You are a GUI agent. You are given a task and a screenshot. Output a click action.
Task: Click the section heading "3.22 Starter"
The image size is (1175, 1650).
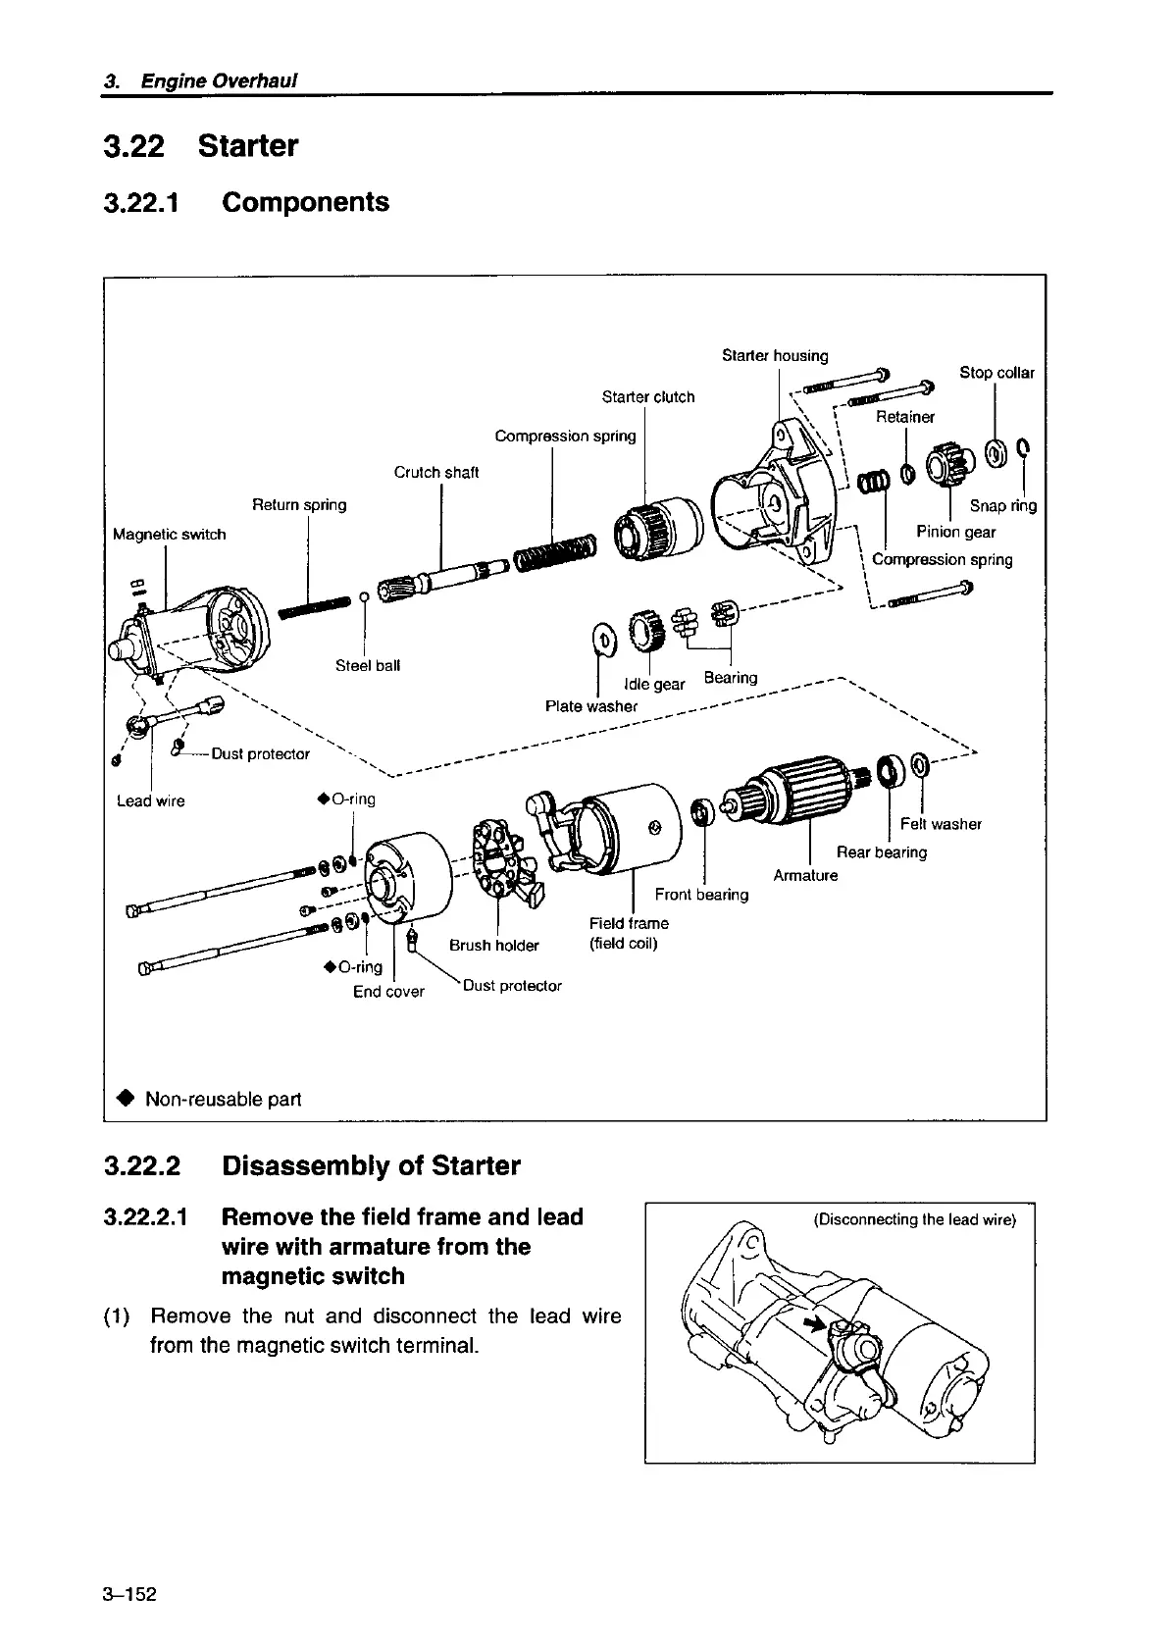coord(200,146)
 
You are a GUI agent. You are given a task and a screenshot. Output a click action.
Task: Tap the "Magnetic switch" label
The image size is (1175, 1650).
coord(169,535)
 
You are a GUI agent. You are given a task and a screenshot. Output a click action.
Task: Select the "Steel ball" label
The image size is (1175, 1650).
coord(368,666)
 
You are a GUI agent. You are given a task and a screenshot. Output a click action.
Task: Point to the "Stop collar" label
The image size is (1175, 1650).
coord(996,373)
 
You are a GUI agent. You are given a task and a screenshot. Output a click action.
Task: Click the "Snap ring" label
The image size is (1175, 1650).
coord(1002,506)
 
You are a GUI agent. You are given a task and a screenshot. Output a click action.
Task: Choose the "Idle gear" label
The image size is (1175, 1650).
coord(654,684)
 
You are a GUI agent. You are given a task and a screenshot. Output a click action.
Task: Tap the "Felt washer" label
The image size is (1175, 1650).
coord(941,824)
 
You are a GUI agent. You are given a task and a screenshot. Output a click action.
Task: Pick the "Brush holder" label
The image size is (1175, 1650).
coord(493,946)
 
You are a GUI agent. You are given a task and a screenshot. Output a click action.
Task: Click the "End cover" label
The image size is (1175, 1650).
coord(388,992)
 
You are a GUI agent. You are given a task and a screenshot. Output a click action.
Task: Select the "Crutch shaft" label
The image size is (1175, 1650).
coord(436,473)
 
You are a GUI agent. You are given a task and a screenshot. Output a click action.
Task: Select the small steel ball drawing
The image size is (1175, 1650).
coord(364,595)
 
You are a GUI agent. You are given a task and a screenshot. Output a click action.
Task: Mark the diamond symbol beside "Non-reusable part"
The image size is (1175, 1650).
coord(126,1098)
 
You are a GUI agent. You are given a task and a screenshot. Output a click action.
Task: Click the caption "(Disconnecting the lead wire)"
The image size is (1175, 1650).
coord(915,1220)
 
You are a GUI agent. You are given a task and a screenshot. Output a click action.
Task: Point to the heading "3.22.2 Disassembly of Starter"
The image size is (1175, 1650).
coord(312,1166)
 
